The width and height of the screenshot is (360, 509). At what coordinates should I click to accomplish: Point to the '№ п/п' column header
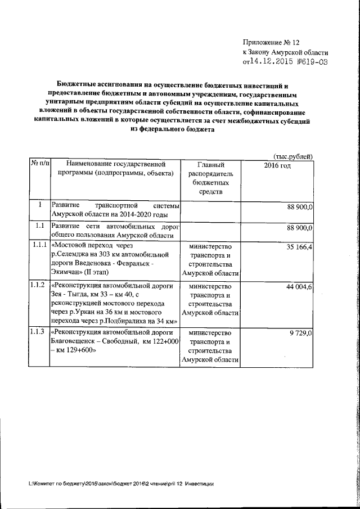pyautogui.click(x=39, y=164)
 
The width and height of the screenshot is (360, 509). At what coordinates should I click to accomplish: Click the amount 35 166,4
pyautogui.click(x=299, y=246)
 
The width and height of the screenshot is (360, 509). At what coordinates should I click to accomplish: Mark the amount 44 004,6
pyautogui.click(x=299, y=286)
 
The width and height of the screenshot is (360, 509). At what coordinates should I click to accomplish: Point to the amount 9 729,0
pyautogui.click(x=301, y=332)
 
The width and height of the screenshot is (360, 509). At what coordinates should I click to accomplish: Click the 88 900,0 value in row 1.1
pyautogui.click(x=299, y=227)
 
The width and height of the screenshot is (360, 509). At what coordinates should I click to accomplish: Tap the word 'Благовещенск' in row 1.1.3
pyautogui.click(x=74, y=341)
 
